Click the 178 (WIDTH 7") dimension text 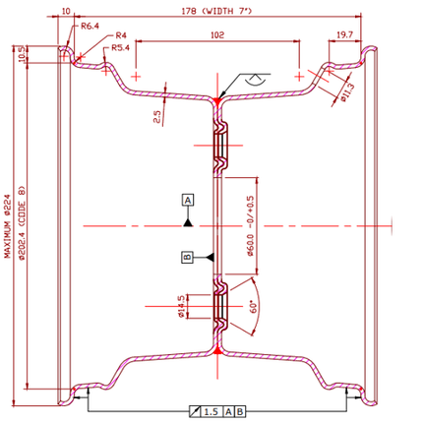(x=217, y=11)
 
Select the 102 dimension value (x=217, y=33)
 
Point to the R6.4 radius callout (x=91, y=26)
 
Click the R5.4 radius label (x=121, y=46)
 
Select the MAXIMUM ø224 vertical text (x=7, y=223)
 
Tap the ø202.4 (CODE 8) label (x=24, y=223)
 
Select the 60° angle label (x=256, y=309)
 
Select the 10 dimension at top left (x=66, y=11)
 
